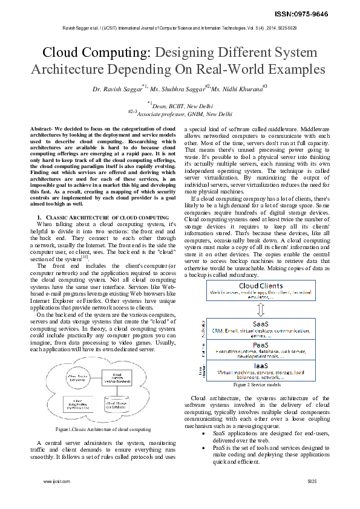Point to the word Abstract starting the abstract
[41, 129]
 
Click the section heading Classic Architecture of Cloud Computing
[99, 216]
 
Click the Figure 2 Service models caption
[257, 384]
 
